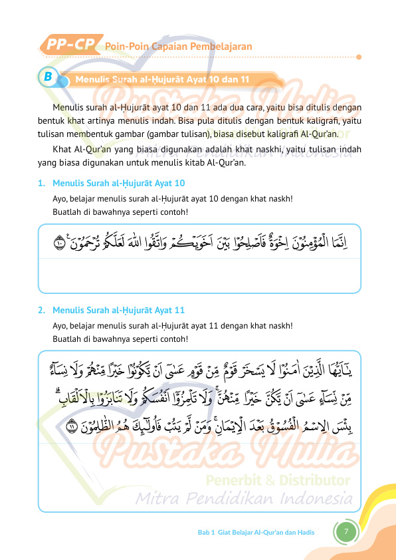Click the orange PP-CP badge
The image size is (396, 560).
coord(70,45)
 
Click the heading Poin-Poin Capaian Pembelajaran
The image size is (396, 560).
coord(178,47)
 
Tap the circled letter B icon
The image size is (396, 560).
coord(48,78)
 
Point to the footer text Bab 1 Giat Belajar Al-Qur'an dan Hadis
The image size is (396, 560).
coord(256,532)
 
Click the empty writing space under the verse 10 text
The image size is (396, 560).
coord(199,274)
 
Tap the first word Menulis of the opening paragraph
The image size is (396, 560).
coord(68,106)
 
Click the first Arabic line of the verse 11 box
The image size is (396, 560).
coord(199,367)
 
